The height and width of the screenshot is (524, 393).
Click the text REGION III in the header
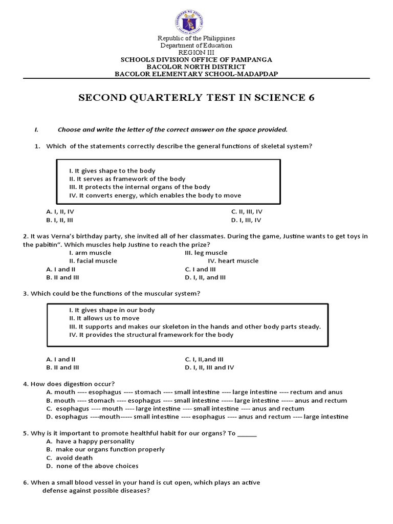click(x=196, y=52)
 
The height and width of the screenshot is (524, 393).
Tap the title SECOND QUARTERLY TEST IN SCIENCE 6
click(x=196, y=98)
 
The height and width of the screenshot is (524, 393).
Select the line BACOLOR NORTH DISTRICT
click(x=196, y=67)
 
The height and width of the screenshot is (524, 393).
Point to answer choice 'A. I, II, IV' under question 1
click(x=63, y=211)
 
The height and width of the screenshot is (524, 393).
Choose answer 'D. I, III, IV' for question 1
click(x=246, y=220)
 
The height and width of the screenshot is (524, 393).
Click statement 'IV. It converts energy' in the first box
click(x=155, y=195)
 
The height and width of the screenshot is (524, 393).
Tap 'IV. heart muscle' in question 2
click(x=233, y=260)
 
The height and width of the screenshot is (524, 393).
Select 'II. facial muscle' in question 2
click(x=93, y=260)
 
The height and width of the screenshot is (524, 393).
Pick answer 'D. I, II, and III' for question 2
click(x=205, y=277)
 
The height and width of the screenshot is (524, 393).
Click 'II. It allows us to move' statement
click(x=104, y=318)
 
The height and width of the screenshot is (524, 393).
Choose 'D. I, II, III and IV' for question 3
click(x=209, y=367)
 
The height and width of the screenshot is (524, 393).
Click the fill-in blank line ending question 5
click(x=247, y=433)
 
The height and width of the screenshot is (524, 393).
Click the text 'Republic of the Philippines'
click(x=196, y=38)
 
